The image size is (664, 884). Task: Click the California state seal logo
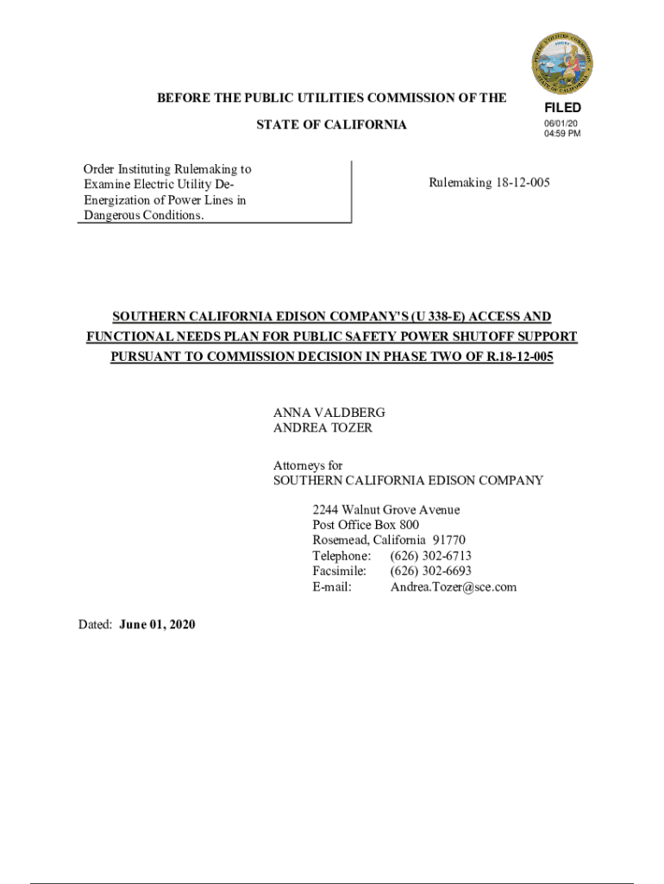click(x=561, y=61)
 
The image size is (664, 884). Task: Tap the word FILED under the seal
click(x=562, y=108)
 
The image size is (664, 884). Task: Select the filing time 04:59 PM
click(x=561, y=135)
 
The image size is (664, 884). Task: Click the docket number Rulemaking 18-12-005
click(x=489, y=183)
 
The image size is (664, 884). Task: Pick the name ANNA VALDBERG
click(x=329, y=413)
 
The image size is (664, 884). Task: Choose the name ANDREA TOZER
click(x=323, y=427)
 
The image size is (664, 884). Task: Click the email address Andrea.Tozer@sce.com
click(x=454, y=587)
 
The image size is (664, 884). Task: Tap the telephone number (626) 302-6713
click(x=430, y=556)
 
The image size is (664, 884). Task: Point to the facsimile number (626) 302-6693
click(x=430, y=571)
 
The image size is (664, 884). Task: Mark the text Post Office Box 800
click(x=366, y=525)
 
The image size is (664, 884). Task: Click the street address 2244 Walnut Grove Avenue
click(x=386, y=509)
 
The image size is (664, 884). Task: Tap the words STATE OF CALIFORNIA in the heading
click(x=332, y=125)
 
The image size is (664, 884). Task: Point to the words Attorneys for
click(x=308, y=465)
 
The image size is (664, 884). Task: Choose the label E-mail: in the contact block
click(x=332, y=587)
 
